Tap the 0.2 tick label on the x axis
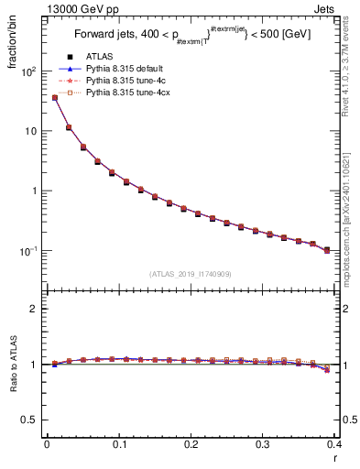point(191,444)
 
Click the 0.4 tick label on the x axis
point(334,444)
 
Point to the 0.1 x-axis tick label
point(119,444)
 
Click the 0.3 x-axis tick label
point(263,444)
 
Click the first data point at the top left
point(55,97)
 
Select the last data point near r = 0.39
point(327,249)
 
